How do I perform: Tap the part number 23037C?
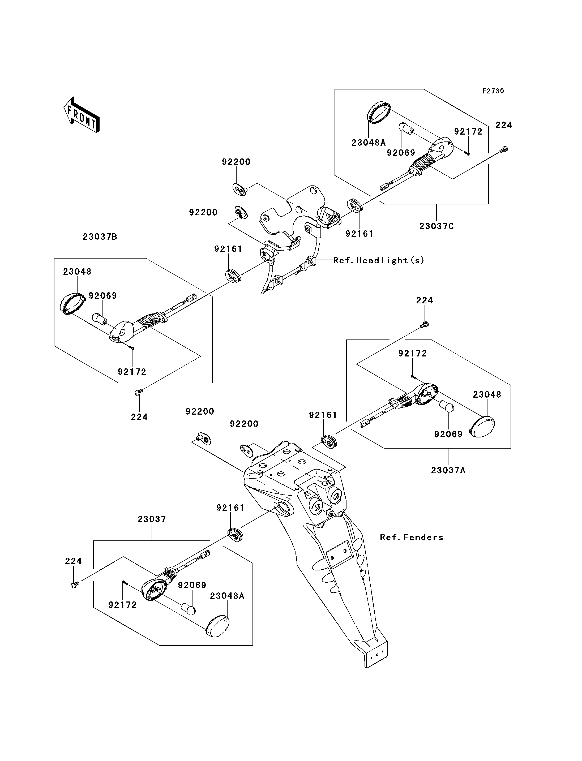pyautogui.click(x=437, y=226)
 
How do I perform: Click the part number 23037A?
pyautogui.click(x=448, y=470)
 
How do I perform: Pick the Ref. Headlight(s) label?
pyautogui.click(x=378, y=260)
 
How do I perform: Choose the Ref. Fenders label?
pyautogui.click(x=412, y=537)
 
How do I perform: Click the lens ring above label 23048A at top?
pyautogui.click(x=378, y=112)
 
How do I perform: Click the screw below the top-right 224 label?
pyautogui.click(x=504, y=149)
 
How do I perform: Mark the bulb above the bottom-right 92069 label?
pyautogui.click(x=447, y=406)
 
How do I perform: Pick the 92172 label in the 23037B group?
pyautogui.click(x=132, y=372)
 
